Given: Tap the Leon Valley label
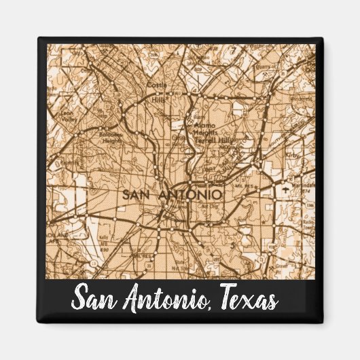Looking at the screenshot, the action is pos(67,115).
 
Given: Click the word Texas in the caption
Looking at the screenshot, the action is pos(247,299).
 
